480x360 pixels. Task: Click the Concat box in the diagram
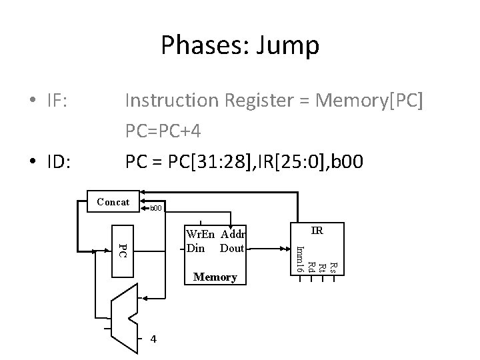tap(113, 202)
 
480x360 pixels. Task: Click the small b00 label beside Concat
tap(155, 209)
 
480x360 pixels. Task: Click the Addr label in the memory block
tap(234, 234)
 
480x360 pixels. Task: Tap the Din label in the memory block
tap(196, 247)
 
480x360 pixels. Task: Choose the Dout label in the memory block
tap(232, 247)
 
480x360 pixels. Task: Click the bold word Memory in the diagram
tap(215, 277)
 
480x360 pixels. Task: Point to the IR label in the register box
tap(317, 231)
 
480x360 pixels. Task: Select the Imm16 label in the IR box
tap(300, 259)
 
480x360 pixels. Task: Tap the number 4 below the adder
tap(154, 339)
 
